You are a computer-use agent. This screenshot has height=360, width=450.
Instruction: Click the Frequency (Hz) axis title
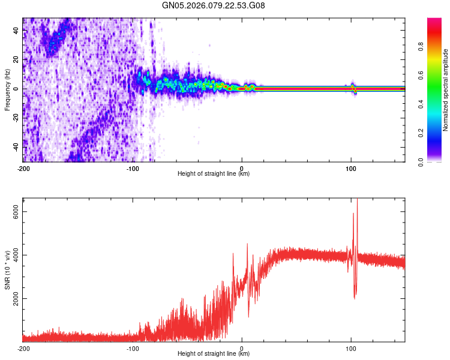(x=7, y=89)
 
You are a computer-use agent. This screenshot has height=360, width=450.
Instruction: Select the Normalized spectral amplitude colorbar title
(x=445, y=91)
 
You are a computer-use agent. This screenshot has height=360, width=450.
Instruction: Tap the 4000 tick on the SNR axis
(x=17, y=255)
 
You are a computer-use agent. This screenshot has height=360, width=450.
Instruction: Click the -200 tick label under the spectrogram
(x=23, y=169)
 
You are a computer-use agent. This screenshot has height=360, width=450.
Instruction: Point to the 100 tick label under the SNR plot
(x=351, y=349)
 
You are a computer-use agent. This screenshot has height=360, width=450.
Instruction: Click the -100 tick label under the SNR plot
(x=133, y=349)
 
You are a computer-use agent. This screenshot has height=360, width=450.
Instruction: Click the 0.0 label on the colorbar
(x=422, y=160)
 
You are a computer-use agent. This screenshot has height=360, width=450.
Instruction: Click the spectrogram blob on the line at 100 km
(x=353, y=89)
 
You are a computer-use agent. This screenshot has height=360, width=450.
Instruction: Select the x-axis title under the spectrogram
(x=214, y=174)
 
